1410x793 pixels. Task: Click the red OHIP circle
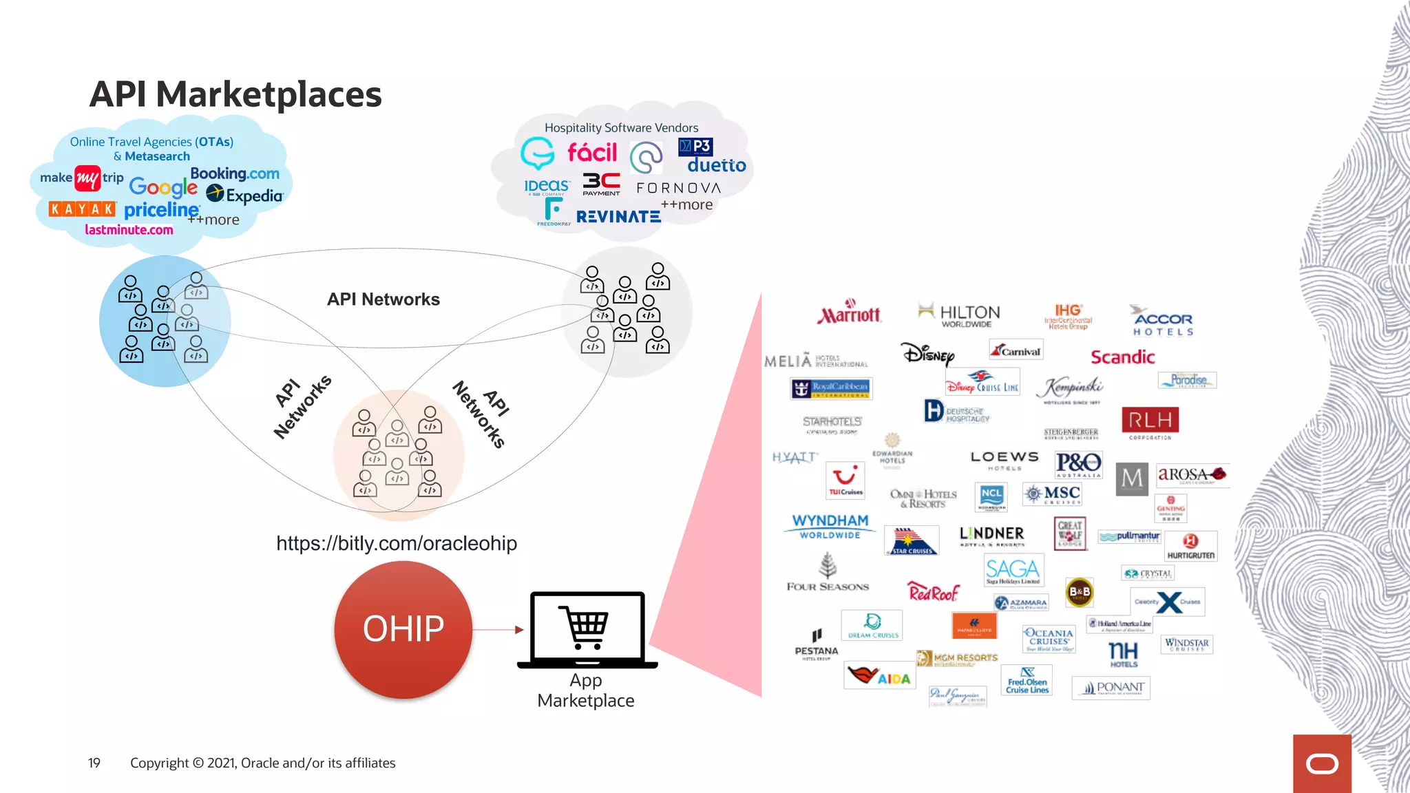403,629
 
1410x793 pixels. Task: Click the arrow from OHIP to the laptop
498,629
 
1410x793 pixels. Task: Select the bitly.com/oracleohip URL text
397,543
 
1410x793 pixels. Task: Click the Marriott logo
849,313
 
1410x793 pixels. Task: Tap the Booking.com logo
235,173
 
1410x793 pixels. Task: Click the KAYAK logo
82,209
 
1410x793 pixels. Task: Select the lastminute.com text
129,230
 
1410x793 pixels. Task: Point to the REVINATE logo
618,217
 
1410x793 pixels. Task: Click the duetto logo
716,165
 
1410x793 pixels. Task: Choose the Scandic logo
1122,357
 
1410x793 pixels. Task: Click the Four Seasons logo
828,575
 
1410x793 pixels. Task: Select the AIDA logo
879,675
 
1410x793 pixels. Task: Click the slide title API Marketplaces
235,94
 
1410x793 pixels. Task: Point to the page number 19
94,763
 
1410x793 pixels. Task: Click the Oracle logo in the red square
1322,764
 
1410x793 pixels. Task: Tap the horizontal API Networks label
383,299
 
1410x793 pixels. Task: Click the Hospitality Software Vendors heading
621,128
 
